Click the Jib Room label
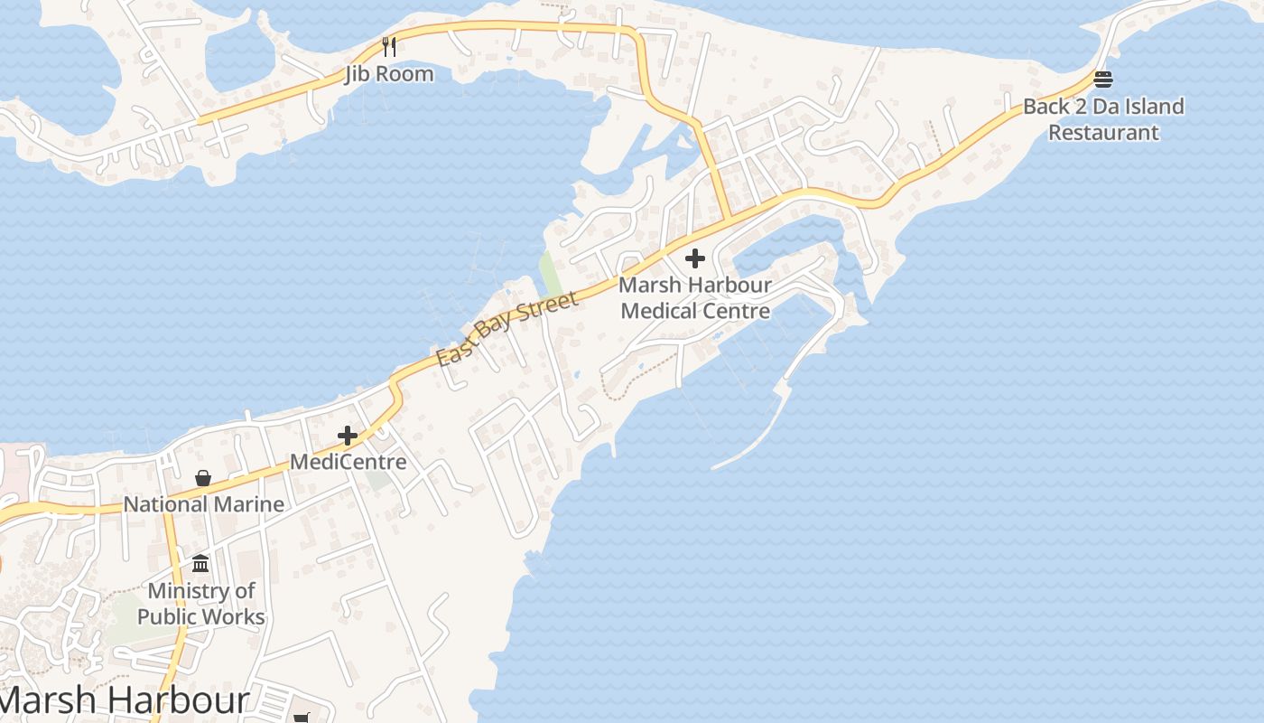(389, 74)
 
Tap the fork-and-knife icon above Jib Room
(389, 46)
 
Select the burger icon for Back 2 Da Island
(1102, 80)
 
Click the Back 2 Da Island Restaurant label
(1103, 119)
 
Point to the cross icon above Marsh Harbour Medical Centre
(694, 259)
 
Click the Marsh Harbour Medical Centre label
(695, 298)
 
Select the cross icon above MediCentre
(348, 437)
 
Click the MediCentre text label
(348, 463)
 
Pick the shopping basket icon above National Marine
(203, 478)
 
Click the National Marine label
(204, 504)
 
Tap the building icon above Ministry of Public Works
(200, 564)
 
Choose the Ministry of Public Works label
(200, 604)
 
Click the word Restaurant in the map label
(1103, 133)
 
